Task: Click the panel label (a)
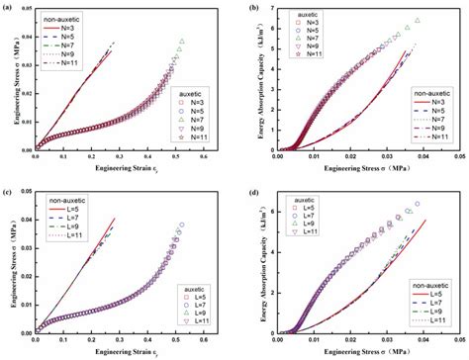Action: click(7, 8)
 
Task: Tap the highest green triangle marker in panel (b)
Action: click(418, 20)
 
